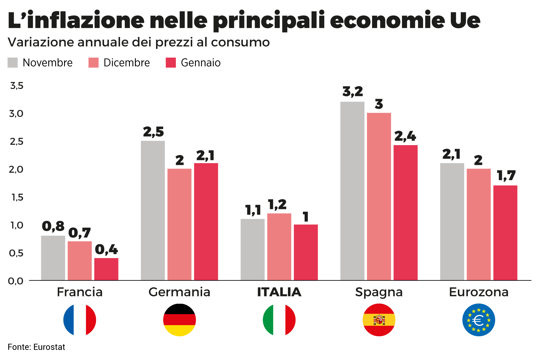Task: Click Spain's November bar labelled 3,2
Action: [x=352, y=191]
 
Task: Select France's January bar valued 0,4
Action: [x=106, y=269]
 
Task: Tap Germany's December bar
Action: [x=179, y=224]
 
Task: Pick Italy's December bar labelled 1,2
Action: [x=279, y=246]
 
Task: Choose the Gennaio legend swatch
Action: [x=171, y=63]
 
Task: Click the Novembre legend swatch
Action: [x=13, y=63]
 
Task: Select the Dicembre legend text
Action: [x=126, y=63]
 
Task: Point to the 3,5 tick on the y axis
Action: [x=17, y=86]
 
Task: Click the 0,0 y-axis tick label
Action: [x=16, y=281]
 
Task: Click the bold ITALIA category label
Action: [x=279, y=292]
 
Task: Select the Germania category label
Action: [x=179, y=292]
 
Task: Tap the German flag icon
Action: [x=179, y=320]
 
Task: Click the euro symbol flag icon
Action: [x=478, y=320]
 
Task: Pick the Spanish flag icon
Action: [x=379, y=320]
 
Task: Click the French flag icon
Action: [x=80, y=320]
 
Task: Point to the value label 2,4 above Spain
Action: [x=405, y=136]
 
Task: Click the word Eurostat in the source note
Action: [x=49, y=347]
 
